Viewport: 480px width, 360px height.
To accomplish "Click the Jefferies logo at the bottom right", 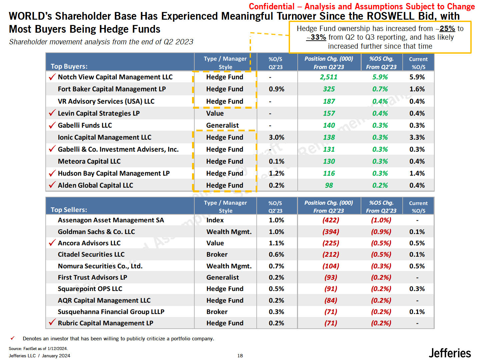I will pos(450,353).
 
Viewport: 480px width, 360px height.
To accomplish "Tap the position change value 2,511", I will pos(329,77).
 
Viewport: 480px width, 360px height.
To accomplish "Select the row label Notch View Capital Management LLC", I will pos(115,77).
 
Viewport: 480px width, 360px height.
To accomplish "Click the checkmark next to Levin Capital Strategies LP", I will pos(52,113).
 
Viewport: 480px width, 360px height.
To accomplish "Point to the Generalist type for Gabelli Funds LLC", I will pos(222,125).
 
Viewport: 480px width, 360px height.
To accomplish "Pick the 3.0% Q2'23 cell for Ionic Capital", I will pos(276,137).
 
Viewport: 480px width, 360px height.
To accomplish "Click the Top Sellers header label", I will pos(69,210).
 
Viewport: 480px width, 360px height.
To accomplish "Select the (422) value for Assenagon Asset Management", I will pos(330,220).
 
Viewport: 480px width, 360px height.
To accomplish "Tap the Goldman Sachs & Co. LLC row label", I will pos(96,232).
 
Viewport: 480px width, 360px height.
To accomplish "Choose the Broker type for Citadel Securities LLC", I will pos(217,254).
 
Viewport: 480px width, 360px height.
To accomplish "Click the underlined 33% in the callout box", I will pos(318,37).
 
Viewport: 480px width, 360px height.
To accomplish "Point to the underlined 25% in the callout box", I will pos(447,29).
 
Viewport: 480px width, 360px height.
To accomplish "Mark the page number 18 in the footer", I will pos(240,356).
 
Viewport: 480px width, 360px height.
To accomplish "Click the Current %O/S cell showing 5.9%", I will pos(417,77).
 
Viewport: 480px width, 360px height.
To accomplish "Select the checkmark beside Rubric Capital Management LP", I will pos(52,322).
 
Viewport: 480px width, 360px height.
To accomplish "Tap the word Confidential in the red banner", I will pos(271,7).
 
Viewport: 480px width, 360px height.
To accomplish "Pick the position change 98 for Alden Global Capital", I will pos(329,185).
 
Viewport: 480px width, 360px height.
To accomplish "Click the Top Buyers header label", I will pos(69,66).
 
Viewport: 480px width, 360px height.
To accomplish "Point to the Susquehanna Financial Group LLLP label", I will pos(111,312).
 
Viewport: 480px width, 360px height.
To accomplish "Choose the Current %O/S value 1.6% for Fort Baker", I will pos(417,89).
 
